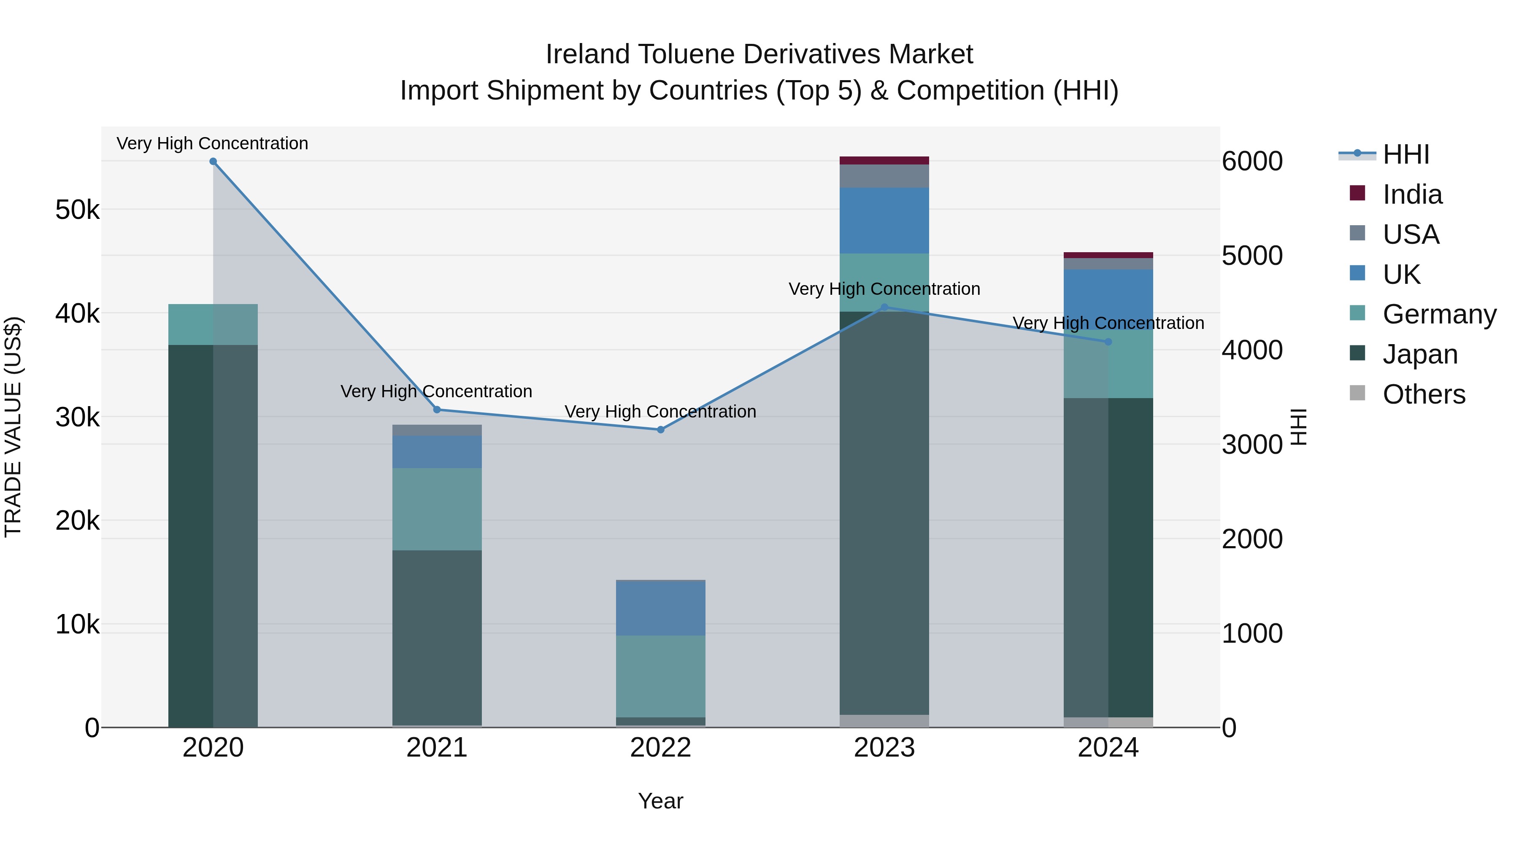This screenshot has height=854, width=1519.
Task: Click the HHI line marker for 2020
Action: [213, 162]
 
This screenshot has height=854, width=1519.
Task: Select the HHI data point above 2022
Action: [660, 430]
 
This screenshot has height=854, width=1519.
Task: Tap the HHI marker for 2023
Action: [884, 307]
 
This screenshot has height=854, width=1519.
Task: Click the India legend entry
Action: [1412, 194]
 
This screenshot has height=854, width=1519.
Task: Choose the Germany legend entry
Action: [1439, 314]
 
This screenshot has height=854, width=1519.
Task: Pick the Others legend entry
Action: [1424, 394]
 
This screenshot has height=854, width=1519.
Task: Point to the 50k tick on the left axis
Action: [77, 210]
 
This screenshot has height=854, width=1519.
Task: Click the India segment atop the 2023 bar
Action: [884, 160]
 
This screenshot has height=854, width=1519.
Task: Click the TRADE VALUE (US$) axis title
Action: [13, 427]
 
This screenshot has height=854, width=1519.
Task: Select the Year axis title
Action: [660, 801]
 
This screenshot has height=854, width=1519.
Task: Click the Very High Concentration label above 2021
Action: [436, 391]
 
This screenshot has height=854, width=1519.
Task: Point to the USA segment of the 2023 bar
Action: [884, 176]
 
